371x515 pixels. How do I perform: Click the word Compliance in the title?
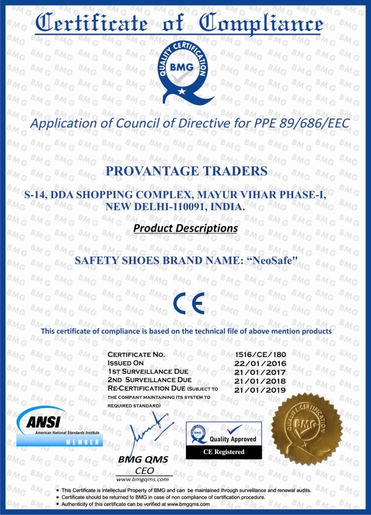[261, 24]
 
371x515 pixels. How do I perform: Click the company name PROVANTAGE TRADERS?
[187, 171]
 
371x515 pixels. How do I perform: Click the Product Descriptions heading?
[185, 228]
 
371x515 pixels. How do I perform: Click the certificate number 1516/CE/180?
[260, 355]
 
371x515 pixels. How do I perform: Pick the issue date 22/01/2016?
[260, 363]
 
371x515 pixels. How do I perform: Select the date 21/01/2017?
[260, 372]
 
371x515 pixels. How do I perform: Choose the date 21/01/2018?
[260, 381]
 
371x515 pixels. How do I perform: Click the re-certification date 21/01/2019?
[260, 389]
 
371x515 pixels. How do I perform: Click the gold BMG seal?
[307, 429]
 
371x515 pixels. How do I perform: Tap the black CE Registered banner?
[224, 452]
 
